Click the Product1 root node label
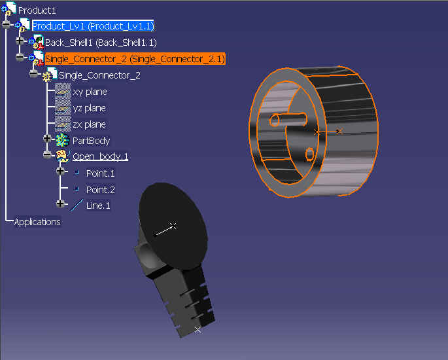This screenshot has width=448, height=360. [x=37, y=10]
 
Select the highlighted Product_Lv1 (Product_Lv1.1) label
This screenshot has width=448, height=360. [x=93, y=26]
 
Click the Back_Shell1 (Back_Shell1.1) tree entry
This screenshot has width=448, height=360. [x=101, y=43]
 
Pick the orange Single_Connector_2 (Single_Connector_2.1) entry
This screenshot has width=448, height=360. [x=135, y=59]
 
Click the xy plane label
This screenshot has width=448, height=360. [x=90, y=92]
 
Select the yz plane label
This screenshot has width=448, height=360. [x=89, y=108]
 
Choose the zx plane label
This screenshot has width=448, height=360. [x=89, y=124]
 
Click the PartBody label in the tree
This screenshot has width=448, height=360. [x=91, y=141]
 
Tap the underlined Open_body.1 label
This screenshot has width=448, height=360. [x=100, y=156]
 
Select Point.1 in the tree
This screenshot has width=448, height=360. [x=100, y=173]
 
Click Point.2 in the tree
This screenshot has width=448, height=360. [x=100, y=190]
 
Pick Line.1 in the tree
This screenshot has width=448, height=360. [x=98, y=206]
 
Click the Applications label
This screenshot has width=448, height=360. [x=37, y=222]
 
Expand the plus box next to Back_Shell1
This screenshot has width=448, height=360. [x=20, y=41]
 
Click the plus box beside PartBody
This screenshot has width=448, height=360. [x=47, y=139]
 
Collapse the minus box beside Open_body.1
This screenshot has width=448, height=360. [x=47, y=154]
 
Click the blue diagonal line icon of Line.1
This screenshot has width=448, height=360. [x=77, y=206]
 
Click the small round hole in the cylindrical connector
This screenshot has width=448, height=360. [x=309, y=154]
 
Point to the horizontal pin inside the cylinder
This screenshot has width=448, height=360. [x=288, y=120]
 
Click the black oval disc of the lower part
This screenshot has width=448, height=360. [x=173, y=226]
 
